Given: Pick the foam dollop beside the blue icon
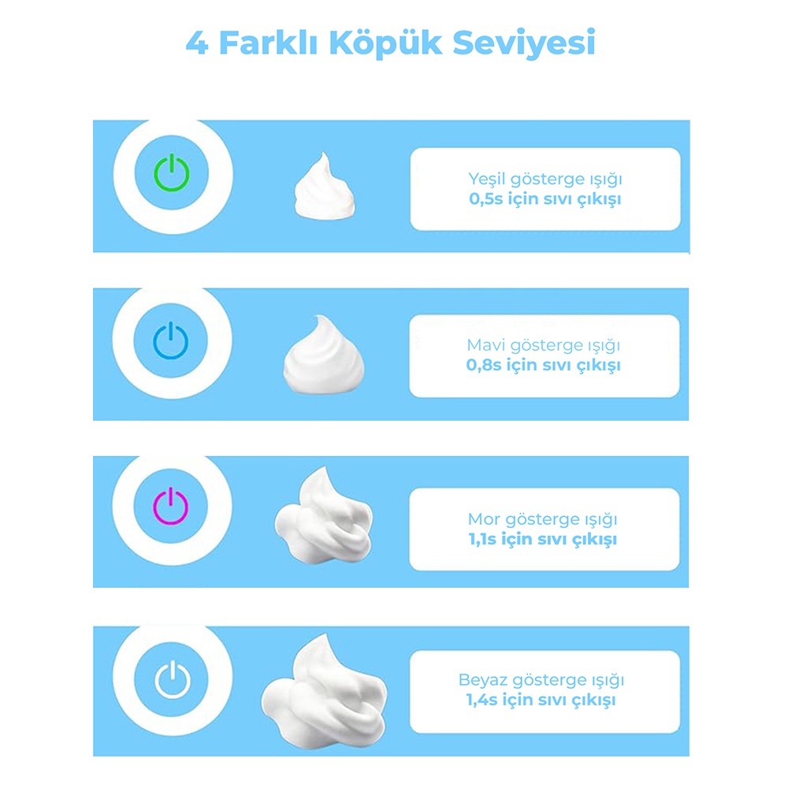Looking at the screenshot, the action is (x=324, y=354).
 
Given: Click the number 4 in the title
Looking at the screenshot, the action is (x=197, y=43).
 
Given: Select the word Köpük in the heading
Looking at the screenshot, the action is (x=385, y=43).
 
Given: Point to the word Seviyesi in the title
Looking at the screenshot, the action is (x=524, y=43).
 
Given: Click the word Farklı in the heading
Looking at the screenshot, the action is (x=269, y=43).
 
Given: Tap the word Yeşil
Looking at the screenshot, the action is (x=487, y=180).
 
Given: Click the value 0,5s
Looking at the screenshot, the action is (x=486, y=199).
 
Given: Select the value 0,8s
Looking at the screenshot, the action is (x=484, y=366).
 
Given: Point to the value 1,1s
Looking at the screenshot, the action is (x=482, y=540).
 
